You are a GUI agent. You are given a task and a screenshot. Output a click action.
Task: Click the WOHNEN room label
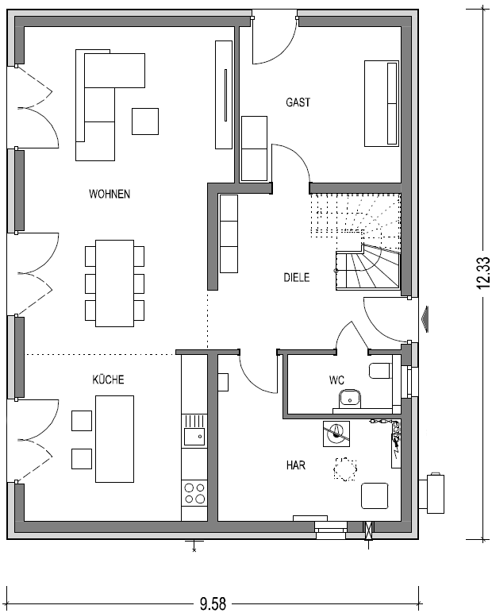[110, 194]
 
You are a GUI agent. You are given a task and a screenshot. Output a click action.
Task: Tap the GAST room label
[298, 102]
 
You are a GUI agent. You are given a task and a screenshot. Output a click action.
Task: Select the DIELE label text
[297, 278]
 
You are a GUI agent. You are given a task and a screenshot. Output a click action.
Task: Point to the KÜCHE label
[108, 380]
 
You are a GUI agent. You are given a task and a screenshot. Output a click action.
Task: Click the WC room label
[336, 380]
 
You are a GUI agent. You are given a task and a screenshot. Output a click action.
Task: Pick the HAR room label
[296, 465]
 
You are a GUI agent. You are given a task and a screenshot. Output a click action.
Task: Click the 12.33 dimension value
[483, 273]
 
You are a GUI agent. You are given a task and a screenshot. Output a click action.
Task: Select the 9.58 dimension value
[213, 603]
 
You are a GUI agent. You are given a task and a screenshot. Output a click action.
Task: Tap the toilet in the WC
[380, 371]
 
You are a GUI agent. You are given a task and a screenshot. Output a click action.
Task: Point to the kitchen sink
[194, 430]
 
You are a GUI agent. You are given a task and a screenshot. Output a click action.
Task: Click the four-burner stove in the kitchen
[194, 493]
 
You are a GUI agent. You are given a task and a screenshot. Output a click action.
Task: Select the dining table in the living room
[114, 283]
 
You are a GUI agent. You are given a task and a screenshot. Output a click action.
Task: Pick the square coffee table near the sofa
[145, 121]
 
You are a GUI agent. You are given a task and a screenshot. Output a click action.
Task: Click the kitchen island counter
[114, 438]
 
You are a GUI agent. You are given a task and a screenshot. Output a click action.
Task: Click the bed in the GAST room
[382, 103]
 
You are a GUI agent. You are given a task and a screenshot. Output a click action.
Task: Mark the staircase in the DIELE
[356, 242]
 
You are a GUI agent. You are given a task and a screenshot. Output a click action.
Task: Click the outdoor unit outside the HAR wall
[432, 493]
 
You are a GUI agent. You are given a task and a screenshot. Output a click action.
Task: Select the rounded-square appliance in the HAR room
[375, 495]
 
